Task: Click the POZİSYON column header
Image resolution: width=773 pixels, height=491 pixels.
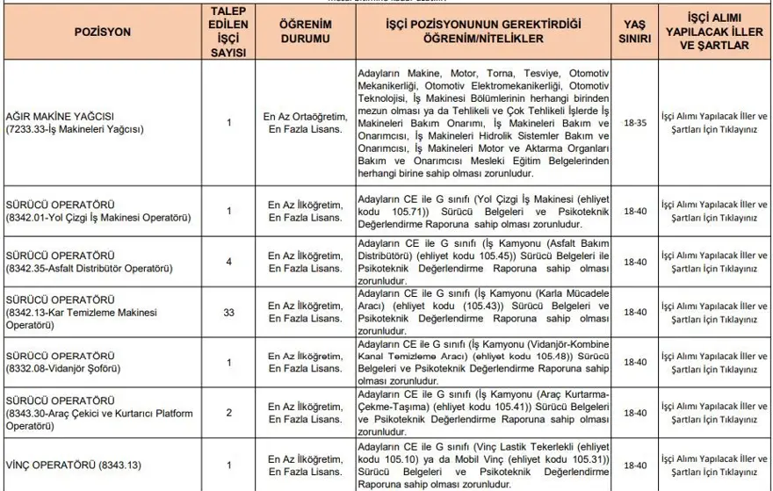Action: tap(102, 32)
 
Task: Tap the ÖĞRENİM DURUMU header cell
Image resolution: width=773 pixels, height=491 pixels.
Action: tap(304, 32)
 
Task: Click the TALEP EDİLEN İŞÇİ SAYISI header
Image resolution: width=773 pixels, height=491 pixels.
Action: tap(228, 32)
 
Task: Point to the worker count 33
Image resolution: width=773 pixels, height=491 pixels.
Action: tap(228, 311)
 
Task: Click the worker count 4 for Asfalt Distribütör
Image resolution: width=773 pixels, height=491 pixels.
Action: tap(228, 261)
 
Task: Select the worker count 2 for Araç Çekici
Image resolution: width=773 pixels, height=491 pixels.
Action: tap(228, 411)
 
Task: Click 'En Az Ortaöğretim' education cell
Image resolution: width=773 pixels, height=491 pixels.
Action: tap(304, 116)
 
